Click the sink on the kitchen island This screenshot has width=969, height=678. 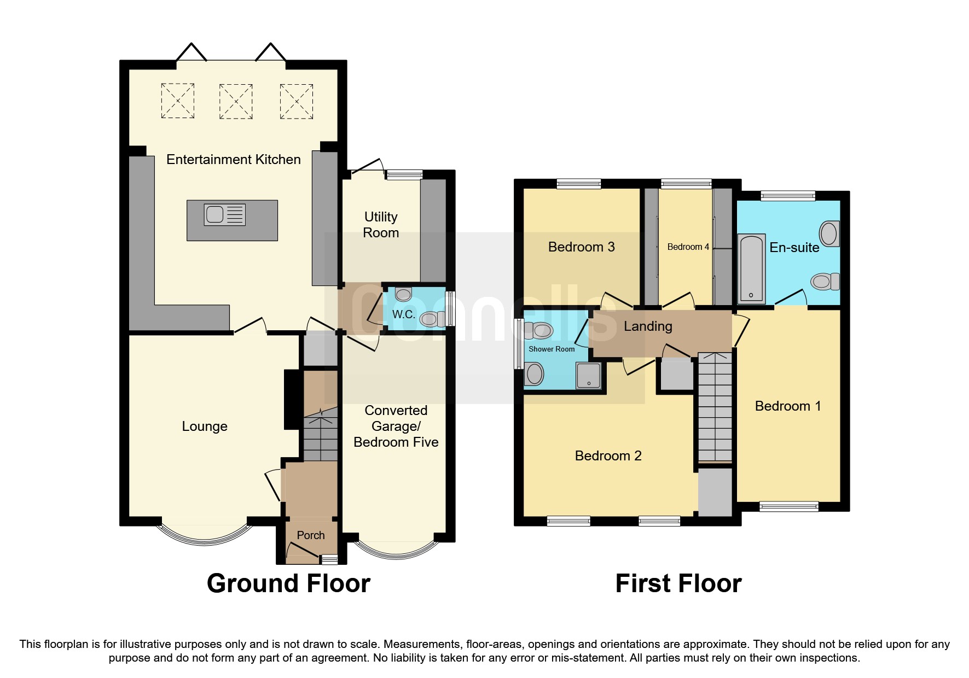225,215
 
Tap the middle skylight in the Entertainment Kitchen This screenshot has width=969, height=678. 236,101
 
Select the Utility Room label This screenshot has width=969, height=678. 381,225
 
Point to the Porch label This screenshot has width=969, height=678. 311,535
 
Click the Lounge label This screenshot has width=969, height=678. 205,426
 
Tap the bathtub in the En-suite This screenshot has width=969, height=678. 751,268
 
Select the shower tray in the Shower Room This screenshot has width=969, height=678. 588,375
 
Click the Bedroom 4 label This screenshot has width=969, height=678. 688,247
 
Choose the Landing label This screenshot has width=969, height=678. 648,326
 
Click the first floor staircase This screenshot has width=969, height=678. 715,407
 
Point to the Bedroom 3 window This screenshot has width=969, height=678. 579,184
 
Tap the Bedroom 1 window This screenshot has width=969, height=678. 789,506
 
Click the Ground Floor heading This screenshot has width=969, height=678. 289,583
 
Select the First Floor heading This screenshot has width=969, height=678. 678,583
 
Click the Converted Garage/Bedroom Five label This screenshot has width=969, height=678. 396,426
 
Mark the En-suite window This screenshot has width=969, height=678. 788,196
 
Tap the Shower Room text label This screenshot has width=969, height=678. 552,349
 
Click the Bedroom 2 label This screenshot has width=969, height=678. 608,456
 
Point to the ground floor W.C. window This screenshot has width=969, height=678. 450,309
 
